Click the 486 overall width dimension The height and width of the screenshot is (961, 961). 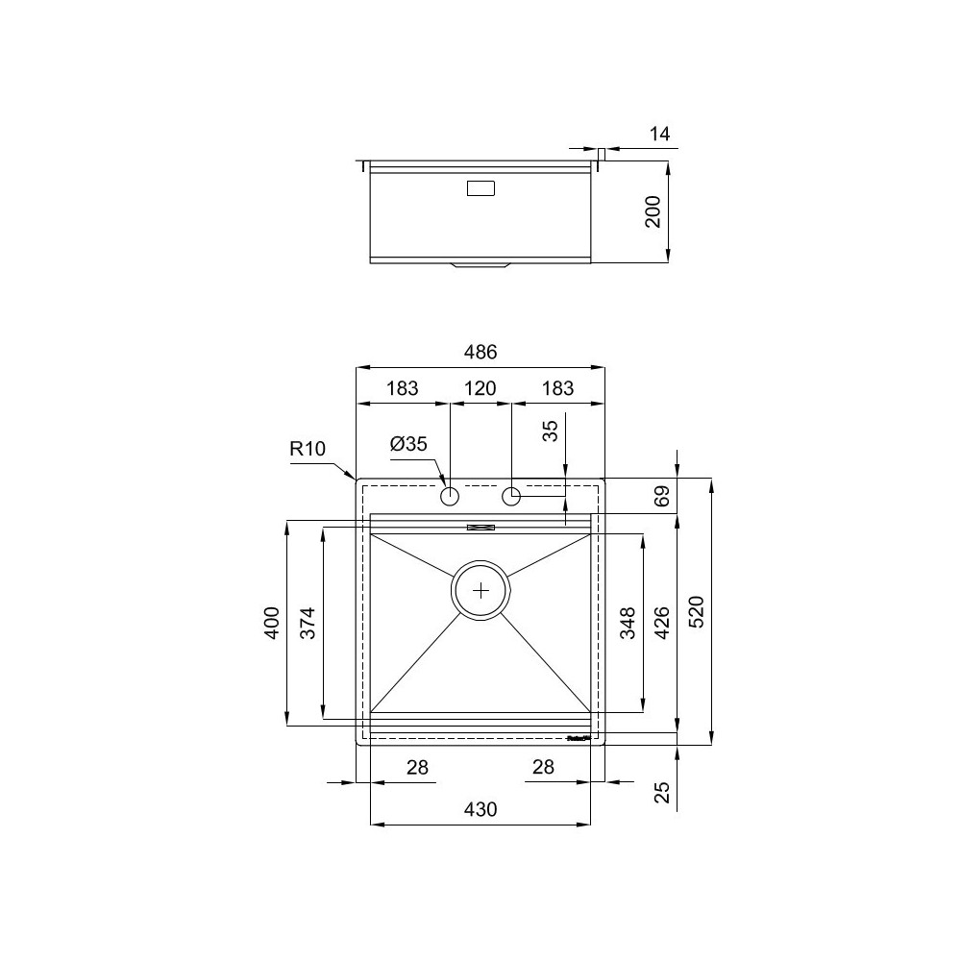[x=480, y=353]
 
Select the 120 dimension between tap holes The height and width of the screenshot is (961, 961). [x=480, y=389]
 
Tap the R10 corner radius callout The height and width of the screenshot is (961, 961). [x=308, y=449]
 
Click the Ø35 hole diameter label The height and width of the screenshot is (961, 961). [x=408, y=444]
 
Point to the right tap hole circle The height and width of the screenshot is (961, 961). [x=511, y=497]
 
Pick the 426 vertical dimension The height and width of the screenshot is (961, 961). [x=662, y=622]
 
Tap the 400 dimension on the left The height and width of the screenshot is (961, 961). [x=272, y=622]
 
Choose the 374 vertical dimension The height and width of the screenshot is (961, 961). [x=308, y=622]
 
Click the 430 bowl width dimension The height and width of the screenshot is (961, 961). [x=480, y=809]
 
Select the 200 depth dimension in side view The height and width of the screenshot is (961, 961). [x=653, y=211]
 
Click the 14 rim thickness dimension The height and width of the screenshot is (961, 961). [x=659, y=135]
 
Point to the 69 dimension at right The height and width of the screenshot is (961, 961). [x=661, y=497]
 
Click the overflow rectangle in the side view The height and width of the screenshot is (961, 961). [x=480, y=189]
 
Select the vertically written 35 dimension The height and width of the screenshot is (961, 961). [x=551, y=430]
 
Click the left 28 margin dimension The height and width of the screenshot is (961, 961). [x=416, y=767]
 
